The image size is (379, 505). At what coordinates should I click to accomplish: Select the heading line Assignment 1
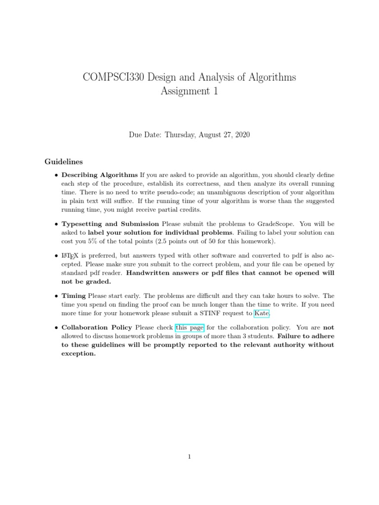point(189,91)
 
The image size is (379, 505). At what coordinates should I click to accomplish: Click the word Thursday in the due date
point(182,135)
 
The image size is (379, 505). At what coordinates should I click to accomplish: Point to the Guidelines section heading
point(64,161)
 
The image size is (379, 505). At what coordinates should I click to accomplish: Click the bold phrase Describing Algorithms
point(99,175)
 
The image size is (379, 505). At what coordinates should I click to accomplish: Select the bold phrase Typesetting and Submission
point(110,223)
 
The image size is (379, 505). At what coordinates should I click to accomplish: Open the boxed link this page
point(189,327)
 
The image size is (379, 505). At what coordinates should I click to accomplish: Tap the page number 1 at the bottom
point(189,457)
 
